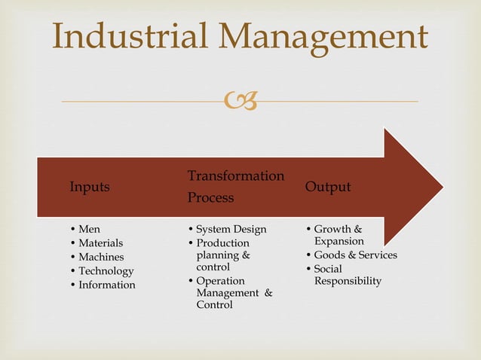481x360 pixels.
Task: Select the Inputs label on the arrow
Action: coord(90,187)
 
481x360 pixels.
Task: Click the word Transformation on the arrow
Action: coord(236,175)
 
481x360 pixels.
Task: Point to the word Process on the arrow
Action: coord(210,197)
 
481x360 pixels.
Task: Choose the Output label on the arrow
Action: coord(327,187)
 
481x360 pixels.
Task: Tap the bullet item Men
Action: coord(89,229)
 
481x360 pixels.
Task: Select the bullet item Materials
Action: coord(101,243)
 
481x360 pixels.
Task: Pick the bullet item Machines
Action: coord(101,257)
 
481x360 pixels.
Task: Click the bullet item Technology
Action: coord(106,271)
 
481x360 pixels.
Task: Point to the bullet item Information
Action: coord(107,285)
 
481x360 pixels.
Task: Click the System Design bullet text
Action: coord(231,229)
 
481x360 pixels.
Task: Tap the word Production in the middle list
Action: coord(222,243)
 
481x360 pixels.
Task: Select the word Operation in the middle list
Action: coord(220,281)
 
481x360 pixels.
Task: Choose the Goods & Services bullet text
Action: coord(355,255)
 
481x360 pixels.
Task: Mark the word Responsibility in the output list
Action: coord(348,281)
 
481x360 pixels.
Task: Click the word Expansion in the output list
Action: coord(339,241)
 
